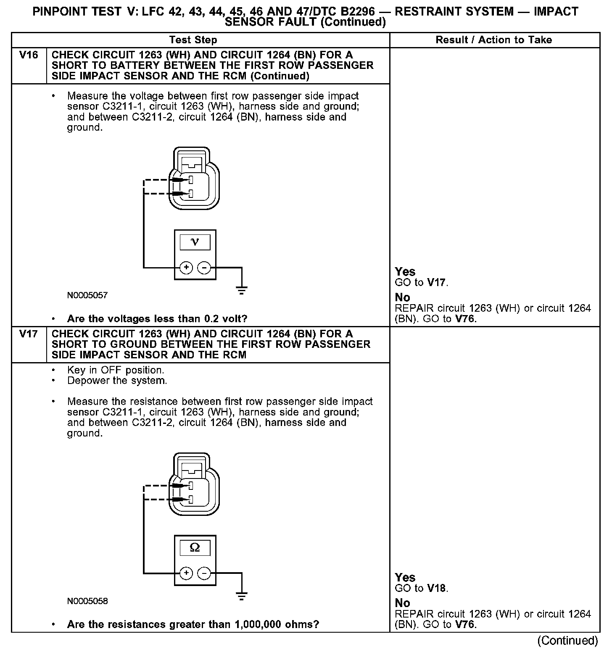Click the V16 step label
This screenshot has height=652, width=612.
pyautogui.click(x=29, y=55)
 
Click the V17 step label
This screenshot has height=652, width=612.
pyautogui.click(x=29, y=334)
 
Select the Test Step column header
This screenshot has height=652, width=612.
pyautogui.click(x=193, y=40)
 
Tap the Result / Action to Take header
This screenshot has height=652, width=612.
pyautogui.click(x=494, y=40)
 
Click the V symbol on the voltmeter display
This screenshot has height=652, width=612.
pyautogui.click(x=195, y=242)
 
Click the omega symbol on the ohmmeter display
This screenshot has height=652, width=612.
pyautogui.click(x=195, y=547)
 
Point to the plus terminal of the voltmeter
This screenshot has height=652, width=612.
pyautogui.click(x=186, y=268)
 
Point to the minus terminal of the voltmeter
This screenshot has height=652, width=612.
pyautogui.click(x=204, y=268)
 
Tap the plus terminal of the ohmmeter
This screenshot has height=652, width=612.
pyautogui.click(x=186, y=573)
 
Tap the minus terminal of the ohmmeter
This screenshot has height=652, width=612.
pyautogui.click(x=204, y=573)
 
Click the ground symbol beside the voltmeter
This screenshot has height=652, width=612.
pyautogui.click(x=241, y=289)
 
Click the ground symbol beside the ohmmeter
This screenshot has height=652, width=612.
pyautogui.click(x=241, y=595)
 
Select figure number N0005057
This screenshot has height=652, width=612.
pyautogui.click(x=87, y=295)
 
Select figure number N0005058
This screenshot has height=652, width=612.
pyautogui.click(x=87, y=601)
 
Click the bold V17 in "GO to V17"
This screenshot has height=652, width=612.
pyautogui.click(x=437, y=282)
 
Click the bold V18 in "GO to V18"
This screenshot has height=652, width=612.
pyautogui.click(x=437, y=588)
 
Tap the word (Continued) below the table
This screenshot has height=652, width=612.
pyautogui.click(x=567, y=641)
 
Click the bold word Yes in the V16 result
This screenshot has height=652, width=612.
pyautogui.click(x=405, y=272)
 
